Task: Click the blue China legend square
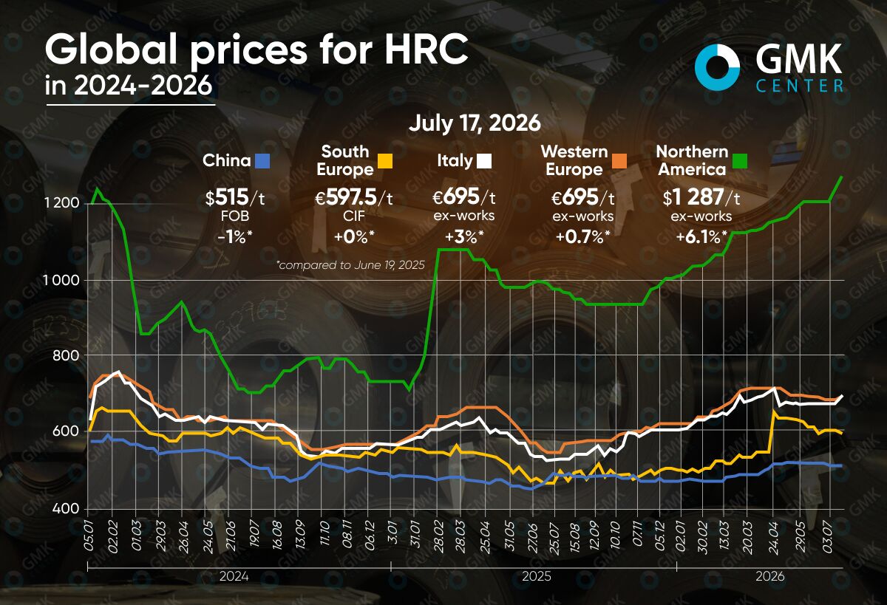tap(262, 161)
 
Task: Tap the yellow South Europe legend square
tap(385, 161)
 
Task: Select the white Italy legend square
tap(484, 161)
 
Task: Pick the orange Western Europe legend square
tap(619, 161)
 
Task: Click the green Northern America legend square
tap(740, 161)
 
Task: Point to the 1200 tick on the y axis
tap(62, 203)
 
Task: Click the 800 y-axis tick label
tap(66, 355)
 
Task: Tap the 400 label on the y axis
tap(66, 508)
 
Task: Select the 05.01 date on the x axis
tap(89, 536)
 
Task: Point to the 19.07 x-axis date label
tap(254, 537)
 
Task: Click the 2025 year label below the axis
tap(537, 576)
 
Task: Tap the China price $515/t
tap(235, 197)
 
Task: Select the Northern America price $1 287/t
tap(701, 197)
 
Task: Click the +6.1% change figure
tap(701, 237)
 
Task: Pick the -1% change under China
tap(235, 237)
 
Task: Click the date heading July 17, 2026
tap(475, 123)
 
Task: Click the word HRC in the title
tap(426, 49)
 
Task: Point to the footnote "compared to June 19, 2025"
tap(351, 264)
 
